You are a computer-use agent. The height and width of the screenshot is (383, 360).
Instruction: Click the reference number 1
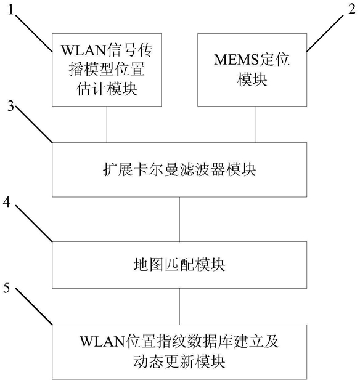click(x=10, y=10)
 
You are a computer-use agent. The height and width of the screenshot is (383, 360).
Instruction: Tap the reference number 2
click(x=352, y=9)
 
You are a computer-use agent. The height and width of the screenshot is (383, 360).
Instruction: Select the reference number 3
click(x=10, y=107)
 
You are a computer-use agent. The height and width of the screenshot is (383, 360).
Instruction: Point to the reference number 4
click(x=7, y=203)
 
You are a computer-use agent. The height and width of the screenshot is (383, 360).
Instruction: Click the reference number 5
click(x=7, y=288)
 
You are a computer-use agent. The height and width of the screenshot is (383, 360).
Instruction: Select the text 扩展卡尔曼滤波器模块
click(x=179, y=170)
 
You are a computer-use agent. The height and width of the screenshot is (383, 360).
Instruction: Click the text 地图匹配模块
click(x=179, y=265)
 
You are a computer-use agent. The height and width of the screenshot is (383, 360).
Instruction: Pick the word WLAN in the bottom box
click(x=102, y=342)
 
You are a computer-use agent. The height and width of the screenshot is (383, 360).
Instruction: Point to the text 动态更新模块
click(x=179, y=361)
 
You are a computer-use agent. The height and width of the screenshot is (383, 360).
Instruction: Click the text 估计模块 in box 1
click(x=107, y=89)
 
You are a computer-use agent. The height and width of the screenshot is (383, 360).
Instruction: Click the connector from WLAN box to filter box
click(x=107, y=124)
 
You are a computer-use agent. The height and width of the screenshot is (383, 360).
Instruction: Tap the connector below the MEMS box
click(x=256, y=124)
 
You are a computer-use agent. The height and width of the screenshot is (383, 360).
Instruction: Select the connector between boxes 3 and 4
click(x=179, y=219)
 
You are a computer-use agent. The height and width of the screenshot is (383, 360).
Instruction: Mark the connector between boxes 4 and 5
click(x=179, y=307)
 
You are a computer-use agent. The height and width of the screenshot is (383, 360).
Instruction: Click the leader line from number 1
click(x=34, y=33)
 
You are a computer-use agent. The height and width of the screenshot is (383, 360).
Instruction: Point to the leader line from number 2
click(x=325, y=33)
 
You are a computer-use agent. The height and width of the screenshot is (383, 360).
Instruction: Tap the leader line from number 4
click(x=34, y=222)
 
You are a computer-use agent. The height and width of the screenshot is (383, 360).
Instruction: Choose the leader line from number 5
click(x=34, y=306)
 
